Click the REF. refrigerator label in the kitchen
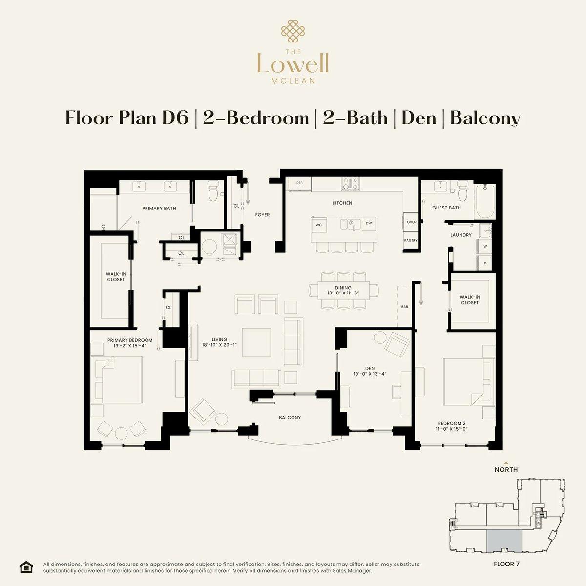pos(300,183)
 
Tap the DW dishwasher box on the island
pos(369,224)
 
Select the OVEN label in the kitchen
pos(411,222)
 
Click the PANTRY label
pos(410,241)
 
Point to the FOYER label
pos(262,215)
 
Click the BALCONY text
pos(290,418)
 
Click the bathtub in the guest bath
pos(485,201)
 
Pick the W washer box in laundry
pos(485,246)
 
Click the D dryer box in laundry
pos(485,263)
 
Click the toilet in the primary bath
pos(213,192)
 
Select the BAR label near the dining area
pos(404,307)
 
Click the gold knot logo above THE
pos(293,30)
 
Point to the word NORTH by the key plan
pos(506,470)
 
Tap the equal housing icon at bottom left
pos(26,566)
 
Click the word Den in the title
pos(419,118)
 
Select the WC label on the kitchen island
pos(318,225)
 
